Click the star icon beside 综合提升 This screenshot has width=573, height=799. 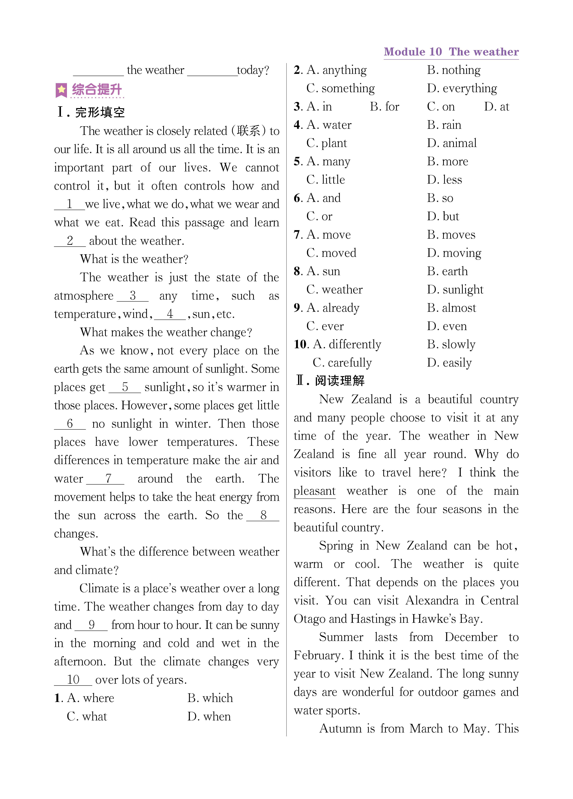coord(61,90)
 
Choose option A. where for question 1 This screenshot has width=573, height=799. coord(90,698)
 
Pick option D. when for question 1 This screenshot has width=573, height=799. coord(209,717)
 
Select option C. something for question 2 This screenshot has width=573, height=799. coord(340,88)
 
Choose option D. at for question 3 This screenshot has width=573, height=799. coord(496,107)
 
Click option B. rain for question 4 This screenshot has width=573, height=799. coord(444,125)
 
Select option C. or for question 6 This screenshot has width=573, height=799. coord(319,216)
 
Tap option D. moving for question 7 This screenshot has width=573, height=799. coord(454,253)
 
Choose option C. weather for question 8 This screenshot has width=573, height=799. coord(334,290)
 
